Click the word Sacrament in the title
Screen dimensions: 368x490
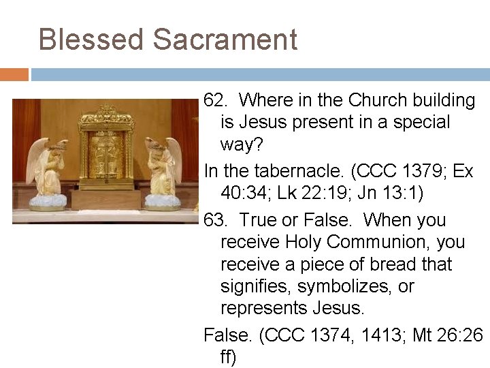[225, 40]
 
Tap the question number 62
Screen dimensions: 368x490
[216, 100]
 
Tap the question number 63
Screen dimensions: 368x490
[216, 220]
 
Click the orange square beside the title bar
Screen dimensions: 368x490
[14, 74]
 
